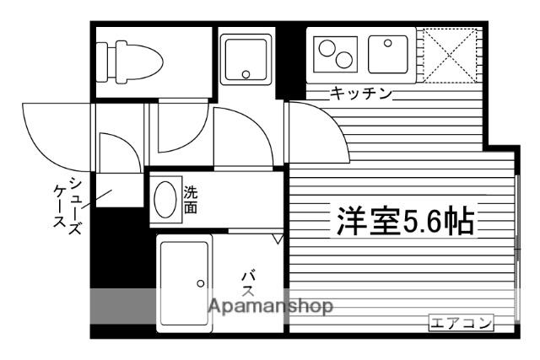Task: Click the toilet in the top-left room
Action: (x=129, y=62)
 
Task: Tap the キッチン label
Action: (x=361, y=94)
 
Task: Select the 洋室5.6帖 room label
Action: (x=405, y=221)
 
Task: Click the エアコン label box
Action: (x=462, y=323)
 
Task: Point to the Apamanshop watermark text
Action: (x=271, y=306)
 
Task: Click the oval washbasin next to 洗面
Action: (x=165, y=200)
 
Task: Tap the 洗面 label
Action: (x=191, y=200)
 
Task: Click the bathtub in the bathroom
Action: (x=184, y=283)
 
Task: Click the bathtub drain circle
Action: (x=201, y=283)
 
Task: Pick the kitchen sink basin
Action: (x=388, y=54)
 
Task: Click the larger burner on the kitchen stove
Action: (x=327, y=48)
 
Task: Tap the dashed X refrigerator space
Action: (x=450, y=55)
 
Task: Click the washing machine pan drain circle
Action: (x=246, y=74)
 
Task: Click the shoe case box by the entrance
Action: (x=119, y=191)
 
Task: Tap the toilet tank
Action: (x=101, y=62)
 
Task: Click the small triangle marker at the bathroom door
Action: (x=278, y=239)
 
